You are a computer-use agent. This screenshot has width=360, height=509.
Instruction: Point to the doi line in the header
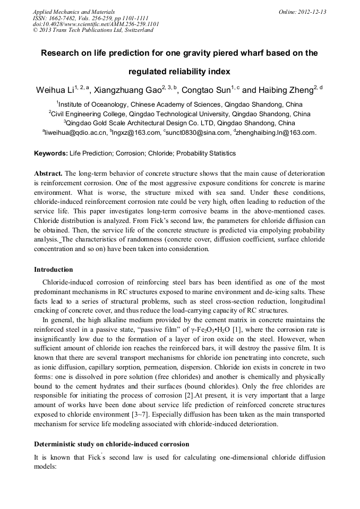(96, 24)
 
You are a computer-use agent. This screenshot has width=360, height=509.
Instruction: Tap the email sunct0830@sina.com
(199, 133)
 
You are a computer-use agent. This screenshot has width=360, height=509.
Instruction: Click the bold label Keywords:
(51, 153)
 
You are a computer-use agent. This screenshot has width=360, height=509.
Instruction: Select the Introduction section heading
(54, 270)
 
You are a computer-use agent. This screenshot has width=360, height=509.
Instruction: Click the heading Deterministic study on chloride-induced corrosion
(112, 444)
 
